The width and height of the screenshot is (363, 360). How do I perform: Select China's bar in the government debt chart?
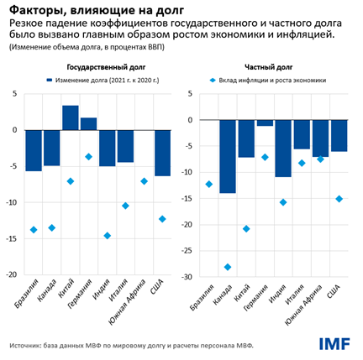click(71, 117)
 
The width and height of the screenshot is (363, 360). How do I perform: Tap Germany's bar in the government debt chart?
click(89, 124)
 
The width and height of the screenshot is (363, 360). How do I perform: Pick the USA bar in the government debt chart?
click(162, 153)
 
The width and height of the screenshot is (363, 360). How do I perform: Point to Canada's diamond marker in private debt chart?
click(227, 267)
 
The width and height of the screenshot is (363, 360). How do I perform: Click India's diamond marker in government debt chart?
click(108, 236)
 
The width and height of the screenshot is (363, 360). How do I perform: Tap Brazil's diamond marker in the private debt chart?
click(208, 185)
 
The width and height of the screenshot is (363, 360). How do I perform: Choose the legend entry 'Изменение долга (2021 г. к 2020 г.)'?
click(104, 81)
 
